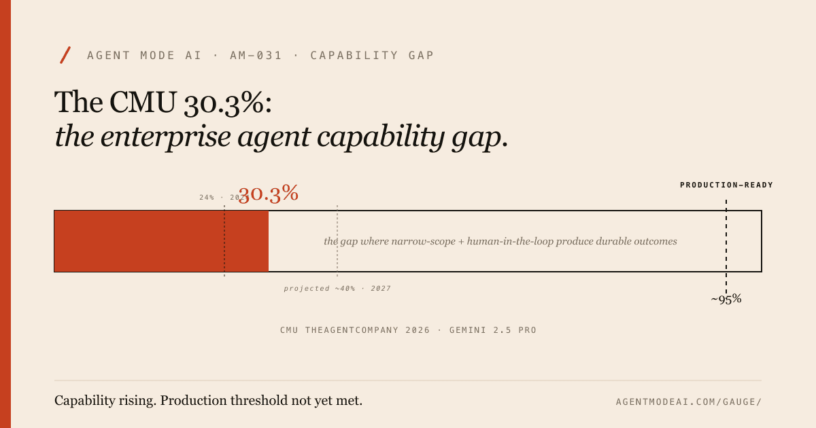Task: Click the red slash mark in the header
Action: coord(65,55)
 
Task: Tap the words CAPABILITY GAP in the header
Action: coord(372,56)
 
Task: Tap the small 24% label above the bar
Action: coord(207,198)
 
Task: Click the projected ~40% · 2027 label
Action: coord(337,289)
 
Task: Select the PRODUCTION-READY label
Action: coord(726,185)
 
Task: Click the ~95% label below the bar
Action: coord(726,299)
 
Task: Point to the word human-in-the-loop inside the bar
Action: coord(510,241)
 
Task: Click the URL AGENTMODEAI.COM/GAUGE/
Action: coord(688,402)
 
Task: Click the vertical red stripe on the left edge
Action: coord(5,214)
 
